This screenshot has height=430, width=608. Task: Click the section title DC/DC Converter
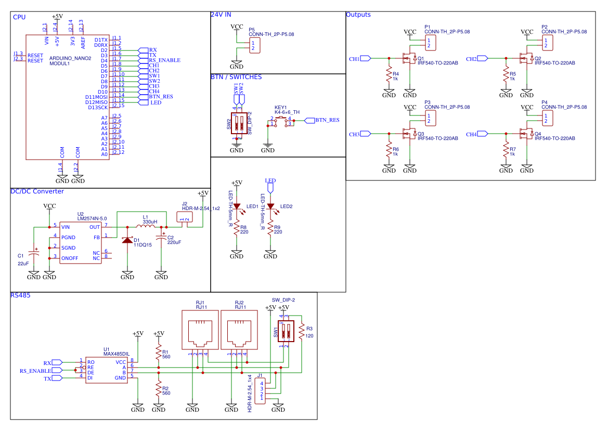(37, 191)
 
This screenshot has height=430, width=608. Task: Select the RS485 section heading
(20, 295)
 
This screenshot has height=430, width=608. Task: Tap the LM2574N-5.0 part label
(92, 219)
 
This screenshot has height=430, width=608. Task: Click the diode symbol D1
(127, 240)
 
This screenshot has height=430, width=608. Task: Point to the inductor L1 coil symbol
(146, 226)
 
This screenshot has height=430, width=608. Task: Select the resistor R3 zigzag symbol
(301, 332)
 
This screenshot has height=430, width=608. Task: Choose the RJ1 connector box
(200, 330)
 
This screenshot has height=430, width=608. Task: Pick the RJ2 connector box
(239, 330)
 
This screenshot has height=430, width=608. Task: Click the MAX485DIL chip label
(117, 354)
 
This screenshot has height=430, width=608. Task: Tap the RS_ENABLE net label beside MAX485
(35, 371)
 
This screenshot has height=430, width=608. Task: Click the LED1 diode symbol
(237, 206)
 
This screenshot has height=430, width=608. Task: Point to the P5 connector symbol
(255, 46)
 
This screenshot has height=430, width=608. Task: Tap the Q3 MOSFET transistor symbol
(409, 134)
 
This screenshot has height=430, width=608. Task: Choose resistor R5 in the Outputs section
(506, 74)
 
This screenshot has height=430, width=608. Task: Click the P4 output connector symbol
(548, 118)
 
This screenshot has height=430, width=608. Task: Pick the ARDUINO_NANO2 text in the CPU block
(70, 59)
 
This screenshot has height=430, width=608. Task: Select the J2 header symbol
(185, 217)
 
